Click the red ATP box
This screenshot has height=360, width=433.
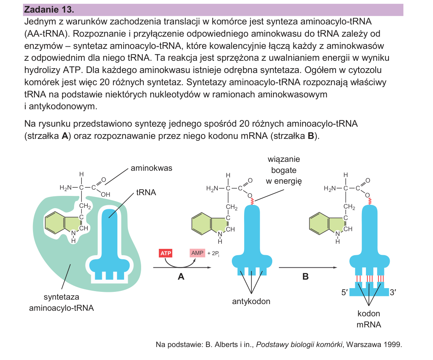click(x=166, y=253)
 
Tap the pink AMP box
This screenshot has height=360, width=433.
click(x=197, y=253)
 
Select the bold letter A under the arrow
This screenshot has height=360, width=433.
click(x=181, y=276)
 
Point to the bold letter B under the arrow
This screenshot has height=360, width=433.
click(x=306, y=276)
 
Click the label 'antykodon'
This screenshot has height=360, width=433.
click(x=251, y=301)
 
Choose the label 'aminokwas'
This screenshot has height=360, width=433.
click(x=151, y=168)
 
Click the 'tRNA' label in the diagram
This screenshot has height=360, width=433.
click(x=146, y=192)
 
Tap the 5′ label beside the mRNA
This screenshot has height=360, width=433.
click(x=344, y=292)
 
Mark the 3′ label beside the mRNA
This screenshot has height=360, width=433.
click(x=393, y=292)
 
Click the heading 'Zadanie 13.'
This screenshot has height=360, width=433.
click(x=49, y=10)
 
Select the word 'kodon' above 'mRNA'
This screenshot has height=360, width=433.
click(x=369, y=314)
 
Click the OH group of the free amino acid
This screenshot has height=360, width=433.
click(x=106, y=194)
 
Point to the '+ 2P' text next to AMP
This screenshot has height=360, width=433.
click(x=213, y=253)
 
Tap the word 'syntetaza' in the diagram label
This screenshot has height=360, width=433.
click(x=61, y=297)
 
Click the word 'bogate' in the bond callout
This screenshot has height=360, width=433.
click(x=284, y=170)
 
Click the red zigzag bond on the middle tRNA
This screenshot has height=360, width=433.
click(x=252, y=201)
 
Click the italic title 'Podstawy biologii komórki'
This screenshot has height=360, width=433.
click(x=299, y=344)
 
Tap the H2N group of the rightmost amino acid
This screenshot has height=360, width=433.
click(x=330, y=188)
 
